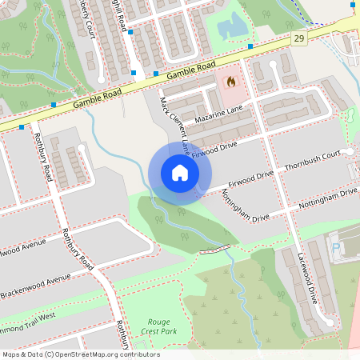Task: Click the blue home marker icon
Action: [180, 173]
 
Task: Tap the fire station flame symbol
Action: [232, 81]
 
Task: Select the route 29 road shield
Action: [299, 38]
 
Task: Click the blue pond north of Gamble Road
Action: [232, 27]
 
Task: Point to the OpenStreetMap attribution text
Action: [80, 354]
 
